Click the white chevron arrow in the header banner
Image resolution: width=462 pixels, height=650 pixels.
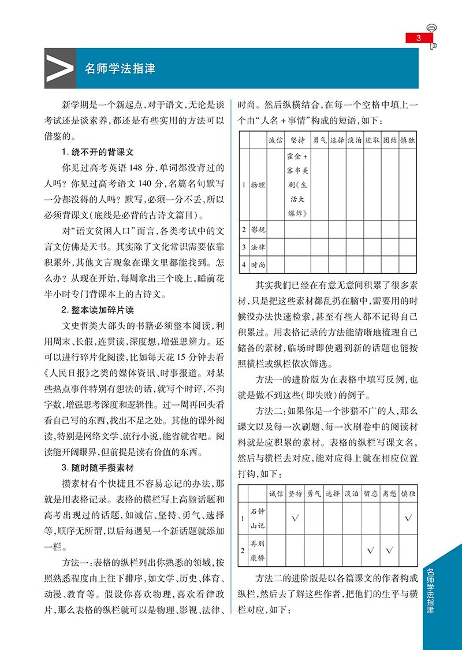(x=59, y=68)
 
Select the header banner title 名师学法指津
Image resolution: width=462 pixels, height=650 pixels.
(x=120, y=68)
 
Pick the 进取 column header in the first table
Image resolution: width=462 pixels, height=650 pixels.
(x=372, y=140)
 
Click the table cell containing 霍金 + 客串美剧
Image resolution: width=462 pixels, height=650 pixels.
(x=298, y=185)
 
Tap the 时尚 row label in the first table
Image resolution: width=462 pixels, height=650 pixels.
(x=257, y=265)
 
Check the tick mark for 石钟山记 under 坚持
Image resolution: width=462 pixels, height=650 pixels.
(x=295, y=518)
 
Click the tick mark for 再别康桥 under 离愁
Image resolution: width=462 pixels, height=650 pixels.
(x=389, y=550)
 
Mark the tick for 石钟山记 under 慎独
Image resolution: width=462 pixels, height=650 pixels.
(x=408, y=518)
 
